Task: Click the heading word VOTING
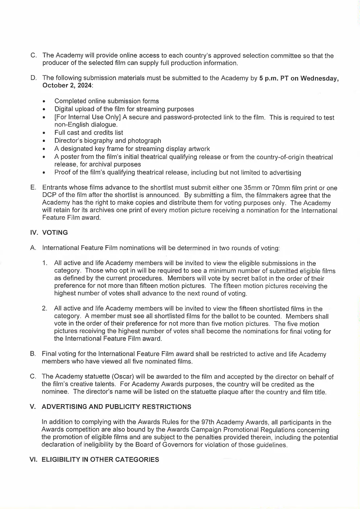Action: pos(55,233)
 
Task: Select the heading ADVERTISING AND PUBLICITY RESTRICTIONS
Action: pos(116,407)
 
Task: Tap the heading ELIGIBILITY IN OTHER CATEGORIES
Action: pos(100,460)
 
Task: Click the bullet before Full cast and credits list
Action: pos(44,133)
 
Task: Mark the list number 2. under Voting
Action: pos(45,309)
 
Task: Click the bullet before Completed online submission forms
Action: pos(44,101)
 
